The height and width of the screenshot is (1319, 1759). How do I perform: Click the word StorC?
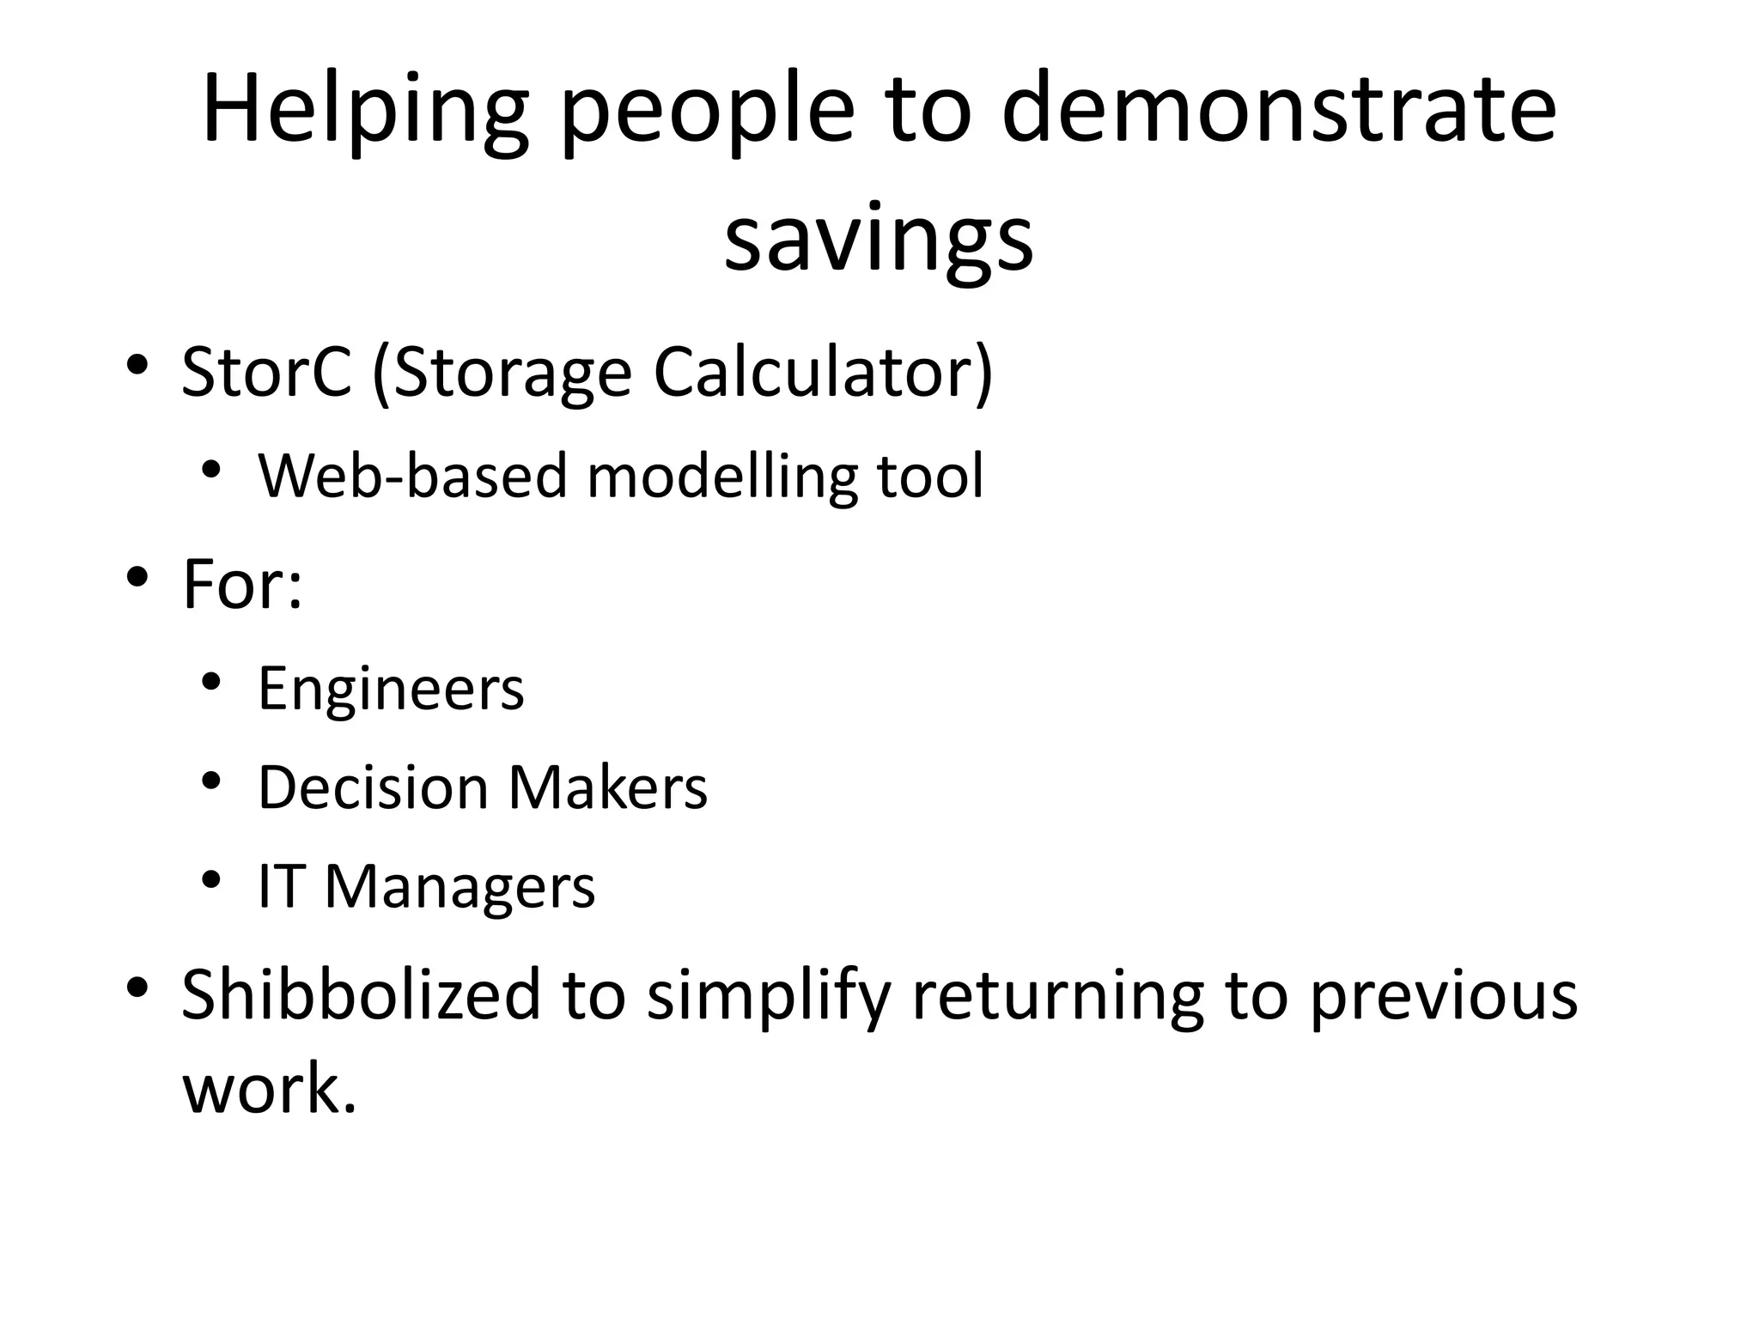(x=267, y=372)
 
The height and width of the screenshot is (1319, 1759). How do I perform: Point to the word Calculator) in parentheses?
(x=823, y=372)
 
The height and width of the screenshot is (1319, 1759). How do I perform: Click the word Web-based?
(x=413, y=475)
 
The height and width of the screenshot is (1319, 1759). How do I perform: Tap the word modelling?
(x=722, y=475)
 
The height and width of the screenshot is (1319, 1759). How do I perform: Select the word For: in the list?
(x=243, y=584)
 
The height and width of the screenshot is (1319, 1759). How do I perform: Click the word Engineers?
(x=391, y=688)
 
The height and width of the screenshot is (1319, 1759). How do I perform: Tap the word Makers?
(x=607, y=787)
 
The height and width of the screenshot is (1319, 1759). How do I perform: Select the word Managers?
(x=460, y=887)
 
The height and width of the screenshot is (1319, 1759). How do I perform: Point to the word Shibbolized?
(x=361, y=994)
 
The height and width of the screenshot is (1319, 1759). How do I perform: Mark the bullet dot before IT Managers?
(x=211, y=881)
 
